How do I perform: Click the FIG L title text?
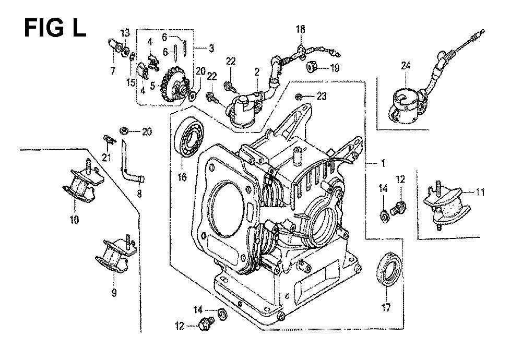click(x=55, y=28)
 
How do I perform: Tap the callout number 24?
click(x=406, y=66)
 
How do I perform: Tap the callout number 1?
click(x=383, y=163)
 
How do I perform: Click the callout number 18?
click(x=300, y=29)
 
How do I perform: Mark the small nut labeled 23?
click(x=299, y=97)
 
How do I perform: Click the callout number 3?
click(x=211, y=49)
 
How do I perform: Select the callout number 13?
click(x=125, y=33)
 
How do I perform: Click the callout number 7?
click(x=113, y=70)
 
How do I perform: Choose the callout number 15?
click(x=131, y=82)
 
